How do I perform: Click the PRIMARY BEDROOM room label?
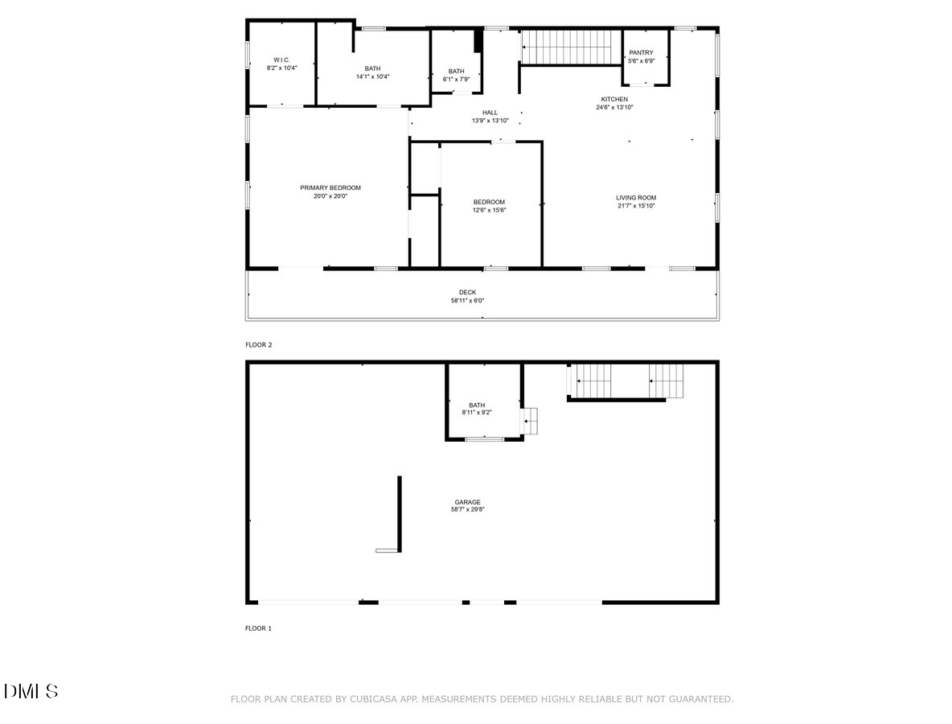click(330, 187)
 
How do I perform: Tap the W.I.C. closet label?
click(281, 60)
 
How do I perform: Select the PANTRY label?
click(641, 53)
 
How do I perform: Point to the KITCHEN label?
click(614, 99)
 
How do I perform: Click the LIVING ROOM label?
click(636, 197)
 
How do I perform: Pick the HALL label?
click(490, 113)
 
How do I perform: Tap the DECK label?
click(467, 292)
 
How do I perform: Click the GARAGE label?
click(467, 502)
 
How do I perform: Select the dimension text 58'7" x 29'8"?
click(467, 509)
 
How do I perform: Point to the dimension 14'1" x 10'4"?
click(373, 76)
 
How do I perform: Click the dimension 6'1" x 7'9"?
click(456, 79)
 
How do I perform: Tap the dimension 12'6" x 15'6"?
click(490, 210)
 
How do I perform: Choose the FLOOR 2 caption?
click(259, 345)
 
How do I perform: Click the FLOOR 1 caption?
click(259, 628)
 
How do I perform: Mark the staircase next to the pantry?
click(567, 47)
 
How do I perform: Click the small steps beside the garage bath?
click(530, 421)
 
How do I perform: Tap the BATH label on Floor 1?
click(477, 405)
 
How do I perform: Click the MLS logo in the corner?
click(31, 691)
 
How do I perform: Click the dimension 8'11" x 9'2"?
click(477, 413)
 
